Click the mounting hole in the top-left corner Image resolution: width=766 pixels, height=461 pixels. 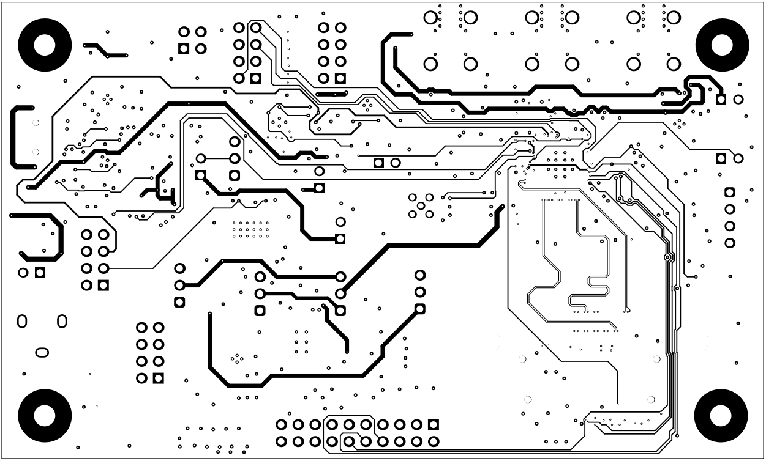click(x=42, y=45)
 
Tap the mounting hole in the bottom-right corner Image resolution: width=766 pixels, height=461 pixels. click(x=721, y=416)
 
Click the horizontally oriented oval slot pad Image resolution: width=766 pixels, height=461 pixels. click(x=42, y=352)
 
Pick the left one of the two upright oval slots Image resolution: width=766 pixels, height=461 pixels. click(x=22, y=321)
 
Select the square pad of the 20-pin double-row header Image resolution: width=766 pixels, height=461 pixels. click(x=434, y=424)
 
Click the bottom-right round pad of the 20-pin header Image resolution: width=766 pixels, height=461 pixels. click(x=434, y=441)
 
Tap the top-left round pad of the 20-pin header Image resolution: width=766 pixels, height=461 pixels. click(x=282, y=424)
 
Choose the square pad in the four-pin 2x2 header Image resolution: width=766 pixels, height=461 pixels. click(x=183, y=48)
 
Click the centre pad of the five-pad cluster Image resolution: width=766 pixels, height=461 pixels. click(x=421, y=206)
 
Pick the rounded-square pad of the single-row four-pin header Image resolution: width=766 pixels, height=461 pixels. click(x=729, y=193)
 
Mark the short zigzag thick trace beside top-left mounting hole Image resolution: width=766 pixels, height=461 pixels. click(x=105, y=50)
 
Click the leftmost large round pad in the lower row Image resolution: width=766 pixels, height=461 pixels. click(x=431, y=64)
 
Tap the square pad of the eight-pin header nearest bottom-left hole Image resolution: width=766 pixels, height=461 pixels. click(x=159, y=378)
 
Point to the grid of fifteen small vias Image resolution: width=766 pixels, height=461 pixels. click(x=250, y=230)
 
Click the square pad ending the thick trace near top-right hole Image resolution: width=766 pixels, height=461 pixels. click(x=721, y=99)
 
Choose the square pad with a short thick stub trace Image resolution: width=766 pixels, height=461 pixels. click(x=319, y=188)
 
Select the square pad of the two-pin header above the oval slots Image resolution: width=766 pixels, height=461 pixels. click(x=40, y=272)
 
